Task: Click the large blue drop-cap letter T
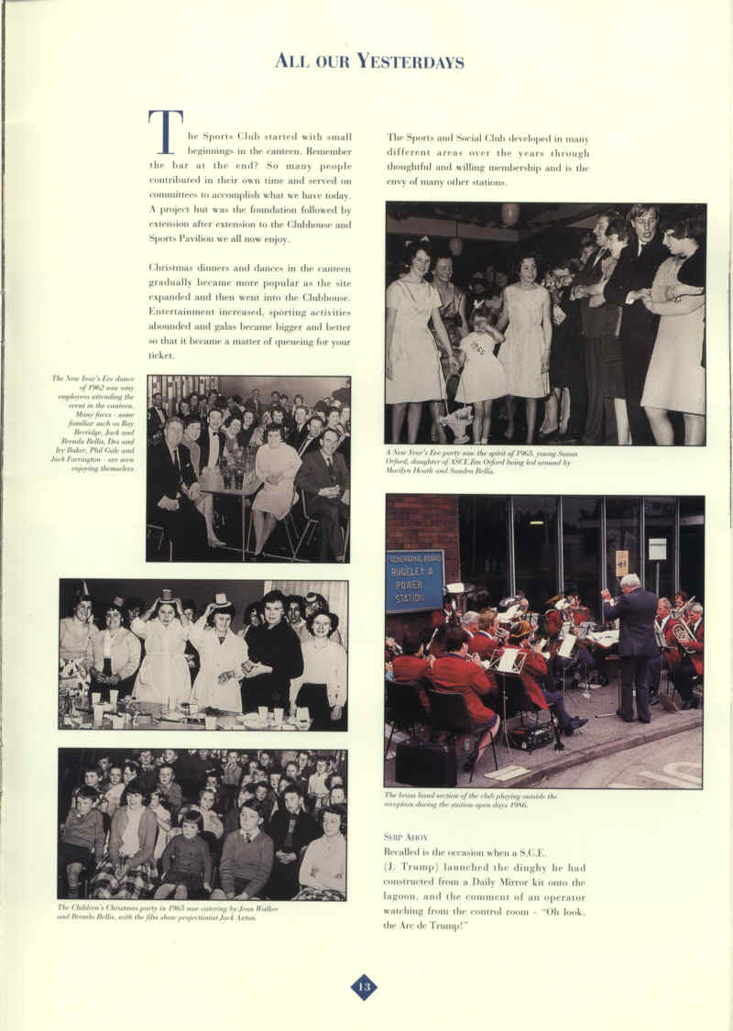[164, 132]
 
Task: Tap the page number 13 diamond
[364, 986]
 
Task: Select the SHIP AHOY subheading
[405, 837]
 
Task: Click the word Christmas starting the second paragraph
[175, 267]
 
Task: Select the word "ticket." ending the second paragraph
[161, 355]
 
